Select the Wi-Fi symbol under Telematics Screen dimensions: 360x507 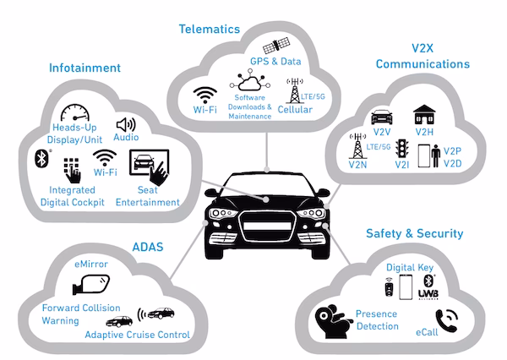[205, 95]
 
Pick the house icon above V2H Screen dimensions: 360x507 [423, 115]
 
